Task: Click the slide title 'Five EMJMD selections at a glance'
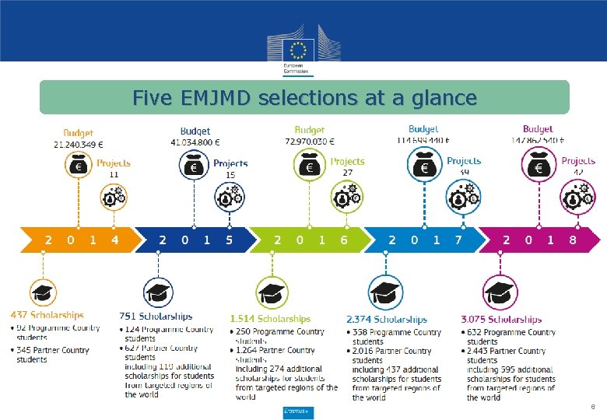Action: [304, 99]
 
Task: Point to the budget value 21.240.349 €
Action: [79, 144]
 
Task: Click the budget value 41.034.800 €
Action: [195, 142]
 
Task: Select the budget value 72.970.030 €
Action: [310, 141]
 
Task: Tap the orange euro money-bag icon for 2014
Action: [78, 166]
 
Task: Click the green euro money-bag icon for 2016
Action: [309, 166]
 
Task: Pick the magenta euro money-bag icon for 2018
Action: [538, 165]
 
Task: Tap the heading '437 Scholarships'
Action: [47, 315]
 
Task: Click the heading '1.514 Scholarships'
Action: [270, 318]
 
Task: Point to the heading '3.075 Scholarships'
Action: [501, 319]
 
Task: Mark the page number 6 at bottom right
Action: [593, 406]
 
